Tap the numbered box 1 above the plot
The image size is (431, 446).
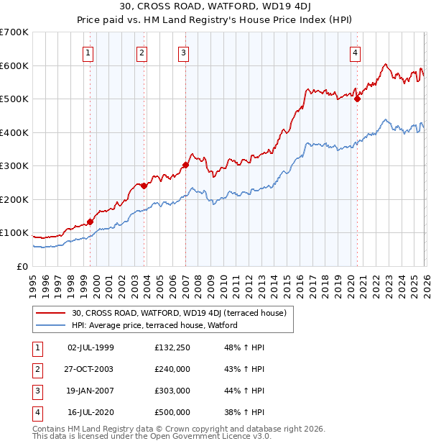(x=88, y=52)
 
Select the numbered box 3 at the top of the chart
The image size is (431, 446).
(x=183, y=52)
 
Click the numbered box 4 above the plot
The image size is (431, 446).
(x=355, y=52)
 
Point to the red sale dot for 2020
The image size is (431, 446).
(x=357, y=99)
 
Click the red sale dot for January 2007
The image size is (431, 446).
(x=185, y=165)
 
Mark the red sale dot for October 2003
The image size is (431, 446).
(x=144, y=186)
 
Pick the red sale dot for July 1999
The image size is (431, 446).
(x=90, y=222)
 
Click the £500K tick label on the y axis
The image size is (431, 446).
(x=14, y=99)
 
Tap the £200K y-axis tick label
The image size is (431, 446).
(x=14, y=199)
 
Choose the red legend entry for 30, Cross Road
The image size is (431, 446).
(x=180, y=313)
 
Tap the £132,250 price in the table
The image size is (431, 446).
(x=172, y=347)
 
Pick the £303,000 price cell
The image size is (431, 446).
(x=172, y=391)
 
